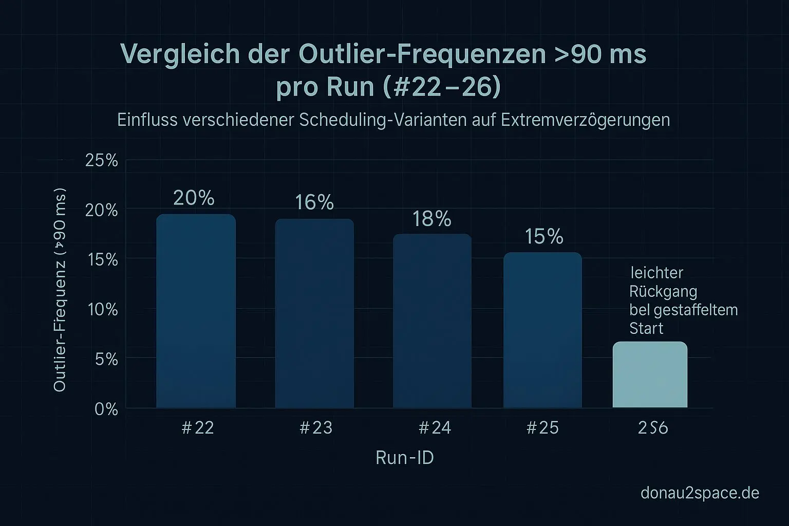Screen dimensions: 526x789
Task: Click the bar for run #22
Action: coord(196,311)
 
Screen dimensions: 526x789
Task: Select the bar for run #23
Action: coord(314,313)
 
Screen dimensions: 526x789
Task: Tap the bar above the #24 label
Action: coord(432,321)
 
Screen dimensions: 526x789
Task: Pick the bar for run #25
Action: coord(542,330)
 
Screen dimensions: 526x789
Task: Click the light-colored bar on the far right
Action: coord(650,374)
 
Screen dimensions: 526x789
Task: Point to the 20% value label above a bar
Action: coord(194,198)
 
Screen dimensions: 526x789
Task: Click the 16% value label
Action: coord(314,203)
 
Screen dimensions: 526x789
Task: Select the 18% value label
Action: coord(432,219)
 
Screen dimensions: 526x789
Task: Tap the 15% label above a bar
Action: coord(544,237)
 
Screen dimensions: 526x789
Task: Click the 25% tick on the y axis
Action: coord(102,161)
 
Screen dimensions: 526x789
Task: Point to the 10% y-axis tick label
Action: coord(103,310)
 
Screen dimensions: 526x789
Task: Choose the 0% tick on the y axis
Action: coord(106,409)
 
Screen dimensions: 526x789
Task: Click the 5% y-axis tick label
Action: coord(106,360)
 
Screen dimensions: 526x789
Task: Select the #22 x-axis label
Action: coord(198,428)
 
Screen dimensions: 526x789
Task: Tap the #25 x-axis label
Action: coord(542,428)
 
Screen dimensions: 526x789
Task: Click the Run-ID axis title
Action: coord(405,458)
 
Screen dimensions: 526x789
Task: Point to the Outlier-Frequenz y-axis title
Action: coord(60,293)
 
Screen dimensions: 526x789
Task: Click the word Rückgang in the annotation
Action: coord(663,292)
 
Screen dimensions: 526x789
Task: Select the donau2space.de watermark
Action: coord(700,493)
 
